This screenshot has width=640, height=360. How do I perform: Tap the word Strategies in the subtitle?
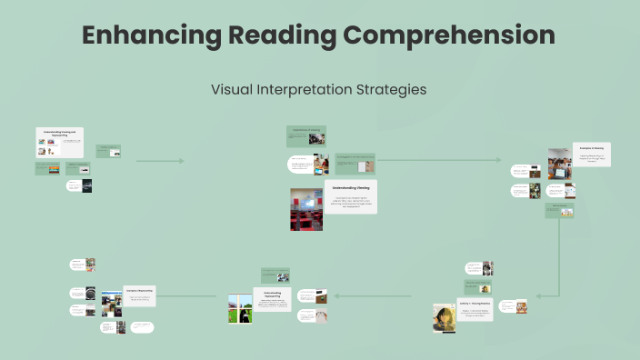pos(386,90)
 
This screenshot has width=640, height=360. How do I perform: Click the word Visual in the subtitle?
pos(234,90)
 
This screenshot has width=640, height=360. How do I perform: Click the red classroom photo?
pos(306,208)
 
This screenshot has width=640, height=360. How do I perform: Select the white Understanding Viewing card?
pos(350,196)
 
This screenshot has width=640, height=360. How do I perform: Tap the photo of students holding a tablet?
pos(559,164)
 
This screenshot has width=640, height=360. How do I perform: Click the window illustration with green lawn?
pos(240,306)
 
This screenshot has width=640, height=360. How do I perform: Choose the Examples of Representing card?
pos(140,295)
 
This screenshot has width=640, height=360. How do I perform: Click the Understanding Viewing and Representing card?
pos(60,142)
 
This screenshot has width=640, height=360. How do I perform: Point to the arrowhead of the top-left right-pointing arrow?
pos(181,161)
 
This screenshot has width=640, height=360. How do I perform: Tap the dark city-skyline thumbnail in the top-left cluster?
pos(87,185)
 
